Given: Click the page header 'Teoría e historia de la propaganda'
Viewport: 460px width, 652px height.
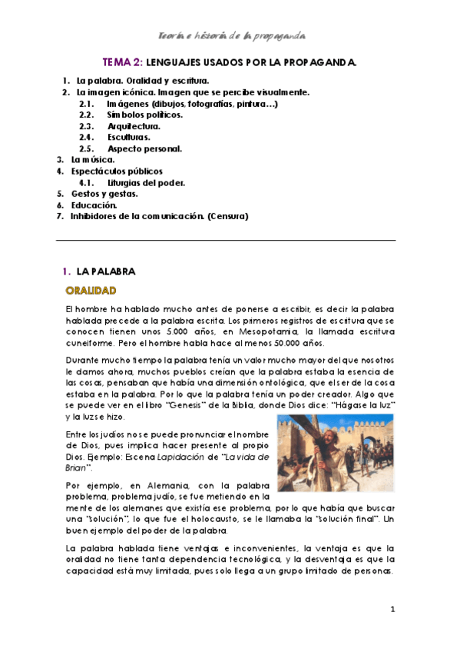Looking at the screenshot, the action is pos(232,35).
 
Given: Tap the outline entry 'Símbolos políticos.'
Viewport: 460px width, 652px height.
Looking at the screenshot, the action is pos(145,115).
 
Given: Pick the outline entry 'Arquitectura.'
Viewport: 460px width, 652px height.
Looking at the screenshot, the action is pos(134,126).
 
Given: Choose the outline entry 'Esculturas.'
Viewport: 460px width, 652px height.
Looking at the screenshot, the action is pos(129,138).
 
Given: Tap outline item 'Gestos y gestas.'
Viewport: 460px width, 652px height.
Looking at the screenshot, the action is pos(104,195).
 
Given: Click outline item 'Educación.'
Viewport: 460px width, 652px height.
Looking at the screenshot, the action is pos(94,205).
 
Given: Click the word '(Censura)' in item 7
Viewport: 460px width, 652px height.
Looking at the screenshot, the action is pos(227,217).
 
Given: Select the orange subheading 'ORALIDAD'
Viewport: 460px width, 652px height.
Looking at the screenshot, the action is pos(91,291).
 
